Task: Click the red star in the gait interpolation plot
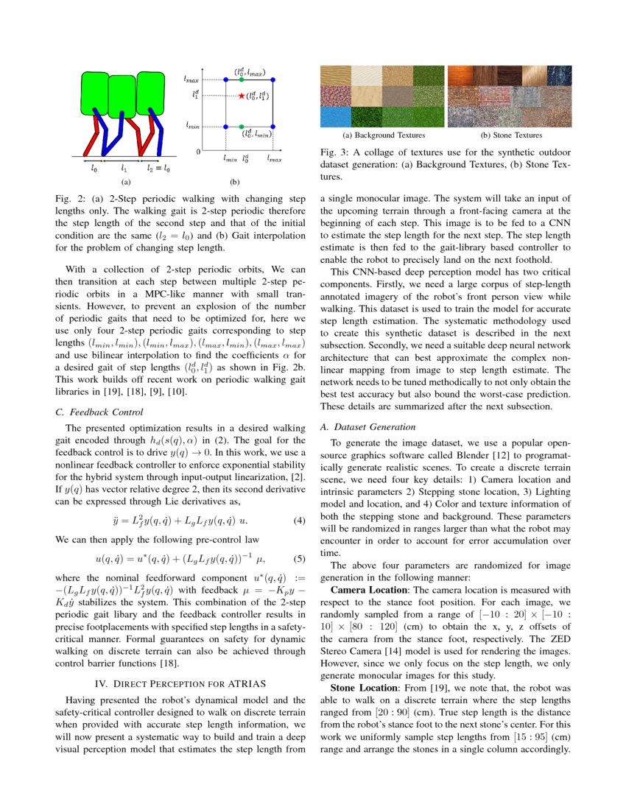pyautogui.click(x=242, y=96)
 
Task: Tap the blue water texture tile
pyautogui.click(x=334, y=116)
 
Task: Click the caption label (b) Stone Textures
pyautogui.click(x=510, y=135)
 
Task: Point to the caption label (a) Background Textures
pyautogui.click(x=383, y=135)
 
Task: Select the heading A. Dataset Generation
pyautogui.click(x=368, y=427)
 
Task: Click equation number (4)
pyautogui.click(x=299, y=521)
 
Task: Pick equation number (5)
pyautogui.click(x=299, y=559)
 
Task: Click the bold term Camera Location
pyautogui.click(x=367, y=590)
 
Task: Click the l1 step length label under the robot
pyautogui.click(x=124, y=169)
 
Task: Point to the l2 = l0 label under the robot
pyautogui.click(x=158, y=169)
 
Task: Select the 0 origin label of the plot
pyautogui.click(x=198, y=151)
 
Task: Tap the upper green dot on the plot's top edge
pyautogui.click(x=242, y=80)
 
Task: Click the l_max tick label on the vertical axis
pyautogui.click(x=191, y=77)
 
